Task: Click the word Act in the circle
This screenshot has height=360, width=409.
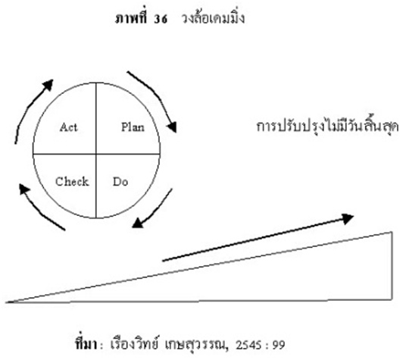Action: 69,127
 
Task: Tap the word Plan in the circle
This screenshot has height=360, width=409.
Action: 133,127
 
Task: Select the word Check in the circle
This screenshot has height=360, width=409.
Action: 72,181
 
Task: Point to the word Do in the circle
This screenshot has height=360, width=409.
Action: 120,182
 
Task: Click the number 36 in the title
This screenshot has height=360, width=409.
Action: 160,19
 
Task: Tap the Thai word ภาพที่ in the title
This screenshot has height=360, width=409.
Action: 131,17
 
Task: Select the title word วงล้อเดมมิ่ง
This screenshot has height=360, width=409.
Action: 213,17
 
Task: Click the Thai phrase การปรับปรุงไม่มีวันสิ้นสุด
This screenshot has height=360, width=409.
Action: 327,127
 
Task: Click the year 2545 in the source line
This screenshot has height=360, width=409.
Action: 248,345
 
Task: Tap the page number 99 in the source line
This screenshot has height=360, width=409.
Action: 279,345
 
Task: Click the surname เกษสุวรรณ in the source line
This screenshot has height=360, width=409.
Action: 197,345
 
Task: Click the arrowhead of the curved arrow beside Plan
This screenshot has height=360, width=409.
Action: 172,127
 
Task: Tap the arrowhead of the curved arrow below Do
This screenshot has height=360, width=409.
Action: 137,224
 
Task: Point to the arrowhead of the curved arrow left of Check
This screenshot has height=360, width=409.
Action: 24,189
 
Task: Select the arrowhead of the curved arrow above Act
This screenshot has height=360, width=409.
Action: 48,85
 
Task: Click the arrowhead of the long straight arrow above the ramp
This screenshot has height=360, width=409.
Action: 348,219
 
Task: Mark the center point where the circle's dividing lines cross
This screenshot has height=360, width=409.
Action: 96,154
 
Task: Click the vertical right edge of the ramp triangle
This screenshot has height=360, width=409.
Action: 392,265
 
